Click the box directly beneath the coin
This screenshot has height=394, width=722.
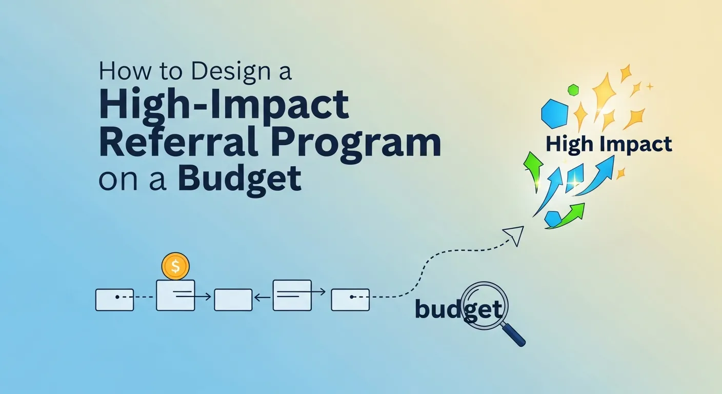point(175,295)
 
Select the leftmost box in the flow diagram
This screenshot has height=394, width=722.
point(114,300)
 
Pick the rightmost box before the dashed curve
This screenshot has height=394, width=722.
point(350,300)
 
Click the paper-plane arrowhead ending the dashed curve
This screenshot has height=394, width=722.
point(514,235)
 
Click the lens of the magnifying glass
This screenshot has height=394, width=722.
point(485,307)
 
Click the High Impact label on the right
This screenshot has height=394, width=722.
point(608,144)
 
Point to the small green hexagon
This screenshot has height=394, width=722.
point(573,90)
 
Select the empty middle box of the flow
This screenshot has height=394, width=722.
point(233,300)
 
